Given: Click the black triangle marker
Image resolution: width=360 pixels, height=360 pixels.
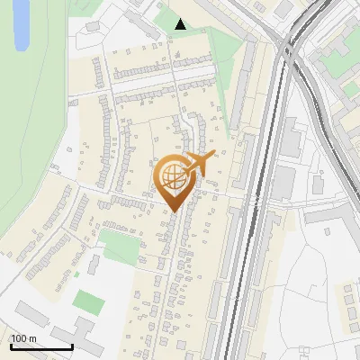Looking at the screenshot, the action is pos(181,25).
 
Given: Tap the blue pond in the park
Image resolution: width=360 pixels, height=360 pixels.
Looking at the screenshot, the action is pos(22,24).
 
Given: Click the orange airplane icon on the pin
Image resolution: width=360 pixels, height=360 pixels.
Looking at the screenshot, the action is pos(199,164).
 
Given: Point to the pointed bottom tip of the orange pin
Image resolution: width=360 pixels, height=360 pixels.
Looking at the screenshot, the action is pos(172,211).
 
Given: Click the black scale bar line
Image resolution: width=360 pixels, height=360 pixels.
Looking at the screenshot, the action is pos(41,347).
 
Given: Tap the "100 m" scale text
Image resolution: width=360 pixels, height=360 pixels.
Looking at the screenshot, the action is pos(23,338).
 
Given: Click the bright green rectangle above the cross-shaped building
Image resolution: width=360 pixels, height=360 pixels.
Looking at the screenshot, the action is pos(87,301).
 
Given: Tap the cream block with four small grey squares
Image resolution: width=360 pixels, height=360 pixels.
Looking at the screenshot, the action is pos(346,302).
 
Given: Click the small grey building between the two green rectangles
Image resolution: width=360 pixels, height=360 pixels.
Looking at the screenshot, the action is pos(94,265).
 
